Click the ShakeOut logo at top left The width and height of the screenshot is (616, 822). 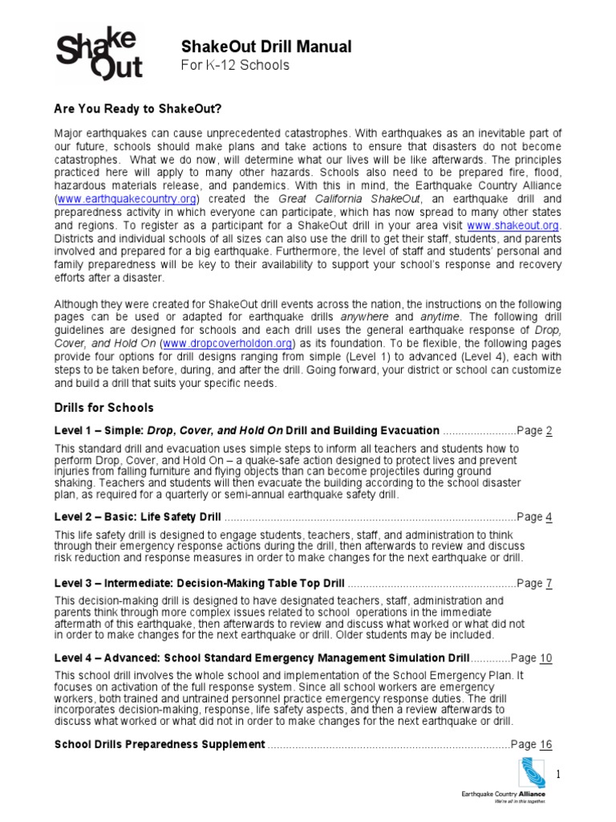point(98,54)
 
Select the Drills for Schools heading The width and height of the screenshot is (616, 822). point(103,408)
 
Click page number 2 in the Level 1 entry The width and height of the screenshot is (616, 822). point(549,430)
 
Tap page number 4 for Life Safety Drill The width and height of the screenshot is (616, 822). point(549,517)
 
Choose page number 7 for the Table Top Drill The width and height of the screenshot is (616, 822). point(549,584)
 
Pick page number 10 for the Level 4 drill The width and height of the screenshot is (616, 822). point(545,658)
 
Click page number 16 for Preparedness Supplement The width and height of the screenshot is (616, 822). point(545,744)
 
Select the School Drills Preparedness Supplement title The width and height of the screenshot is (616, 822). point(160,744)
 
